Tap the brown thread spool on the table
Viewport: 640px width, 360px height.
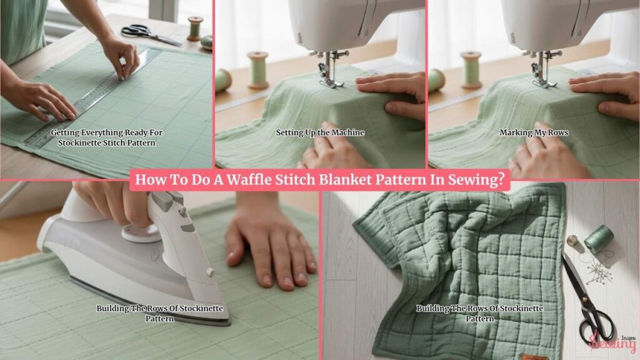pos(195,29)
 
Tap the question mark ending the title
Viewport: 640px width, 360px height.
pos(501,179)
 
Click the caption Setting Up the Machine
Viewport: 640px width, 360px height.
pos(321,132)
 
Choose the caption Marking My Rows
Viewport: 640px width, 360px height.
pos(534,132)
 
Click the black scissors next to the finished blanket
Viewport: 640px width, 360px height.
pos(587,299)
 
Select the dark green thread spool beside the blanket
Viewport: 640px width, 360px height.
pos(599,239)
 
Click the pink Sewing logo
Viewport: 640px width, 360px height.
pos(612,342)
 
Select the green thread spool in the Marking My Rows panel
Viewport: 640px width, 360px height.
pos(471,70)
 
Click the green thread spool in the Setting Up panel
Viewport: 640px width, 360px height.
pos(258,70)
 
